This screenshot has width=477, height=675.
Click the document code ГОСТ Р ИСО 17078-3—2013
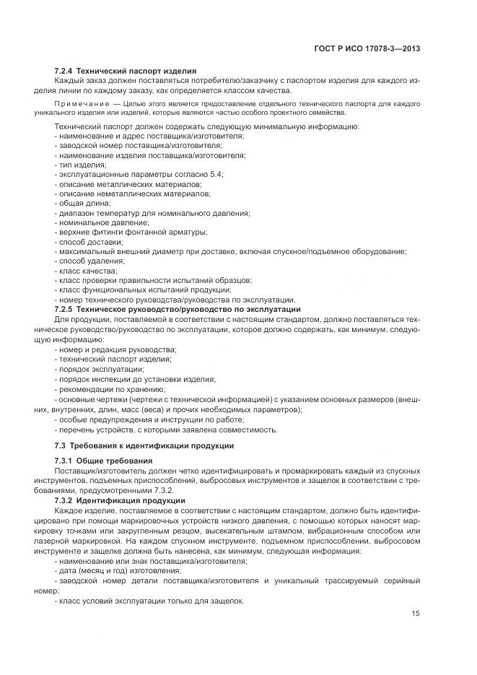[372, 50]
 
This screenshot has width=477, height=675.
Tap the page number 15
[416, 614]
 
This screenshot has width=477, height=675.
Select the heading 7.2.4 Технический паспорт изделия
[126, 71]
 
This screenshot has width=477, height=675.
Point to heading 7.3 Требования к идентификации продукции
[144, 445]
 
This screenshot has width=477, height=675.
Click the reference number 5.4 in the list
[215, 175]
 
